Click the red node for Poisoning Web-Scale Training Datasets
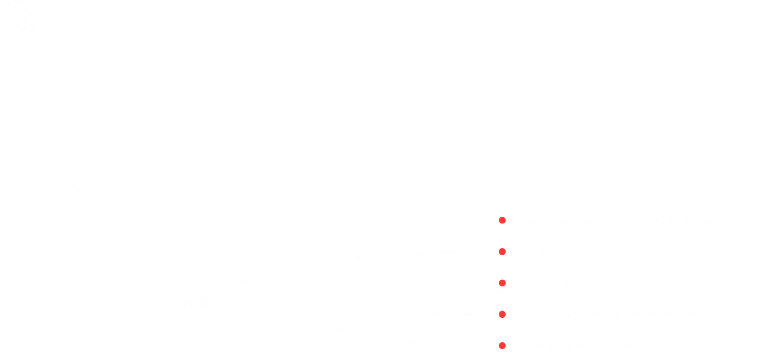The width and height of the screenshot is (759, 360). [x=502, y=220]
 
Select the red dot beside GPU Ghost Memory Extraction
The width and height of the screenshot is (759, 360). [x=502, y=252]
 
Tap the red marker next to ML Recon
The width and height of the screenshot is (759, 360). [x=502, y=283]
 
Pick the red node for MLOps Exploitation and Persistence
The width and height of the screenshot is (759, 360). [x=502, y=314]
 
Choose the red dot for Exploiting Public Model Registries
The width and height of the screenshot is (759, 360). [x=502, y=345]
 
